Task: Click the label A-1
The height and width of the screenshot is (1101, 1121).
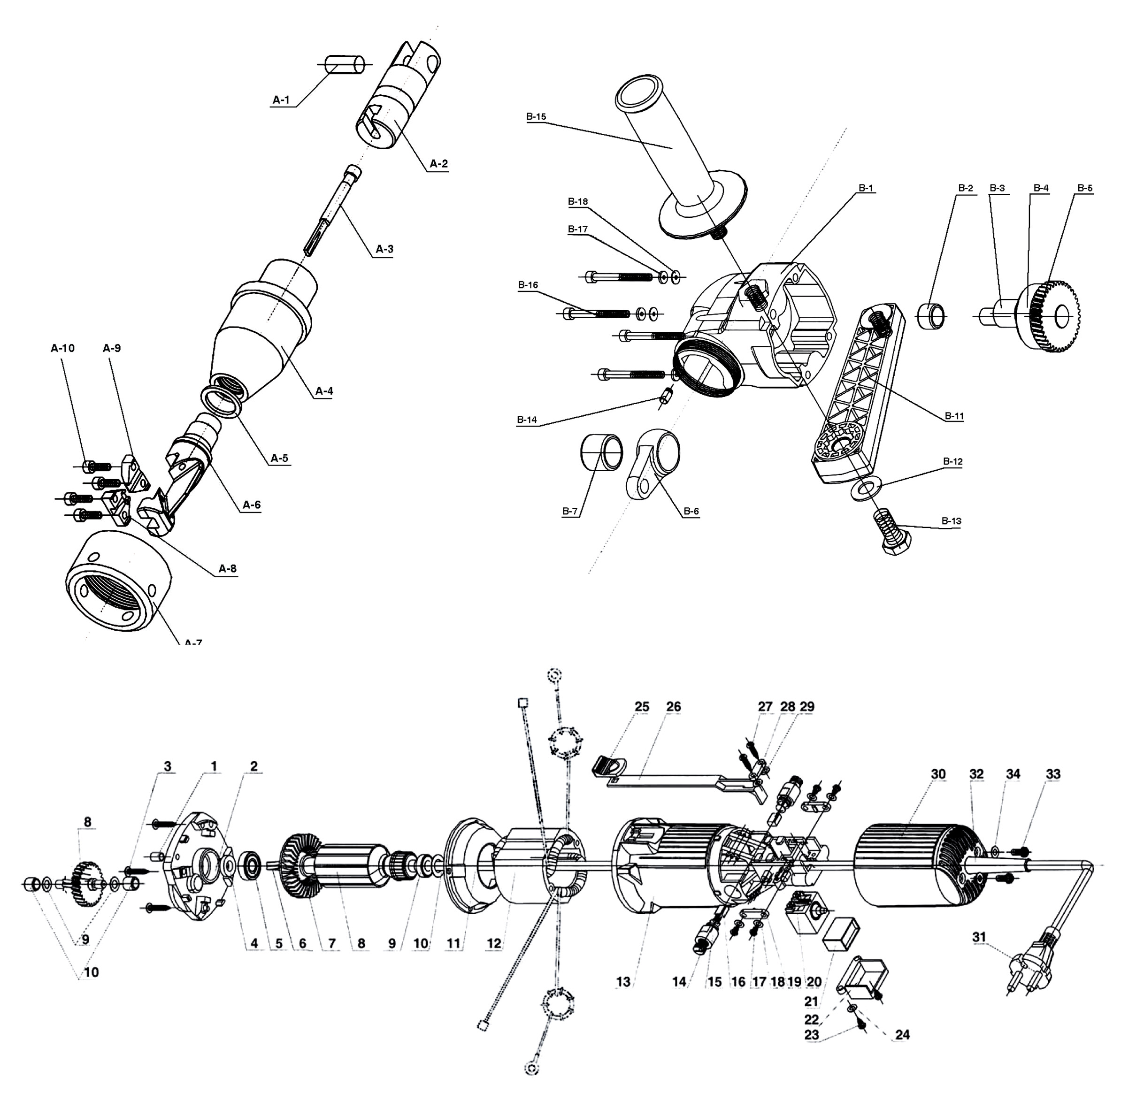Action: pos(281,100)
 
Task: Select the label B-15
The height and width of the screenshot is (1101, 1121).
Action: pos(536,117)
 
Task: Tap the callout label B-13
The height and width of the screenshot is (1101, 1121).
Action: pos(951,521)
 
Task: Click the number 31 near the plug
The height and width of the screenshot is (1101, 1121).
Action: pos(979,937)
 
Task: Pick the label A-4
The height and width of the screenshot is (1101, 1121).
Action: pos(324,391)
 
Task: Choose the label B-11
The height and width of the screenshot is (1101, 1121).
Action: pos(954,416)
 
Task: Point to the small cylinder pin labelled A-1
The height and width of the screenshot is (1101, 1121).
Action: pos(346,64)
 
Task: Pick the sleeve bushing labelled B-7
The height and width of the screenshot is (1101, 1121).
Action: pos(601,451)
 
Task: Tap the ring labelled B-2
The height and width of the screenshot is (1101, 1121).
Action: pos(931,316)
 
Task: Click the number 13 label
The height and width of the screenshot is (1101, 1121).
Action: pos(622,981)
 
